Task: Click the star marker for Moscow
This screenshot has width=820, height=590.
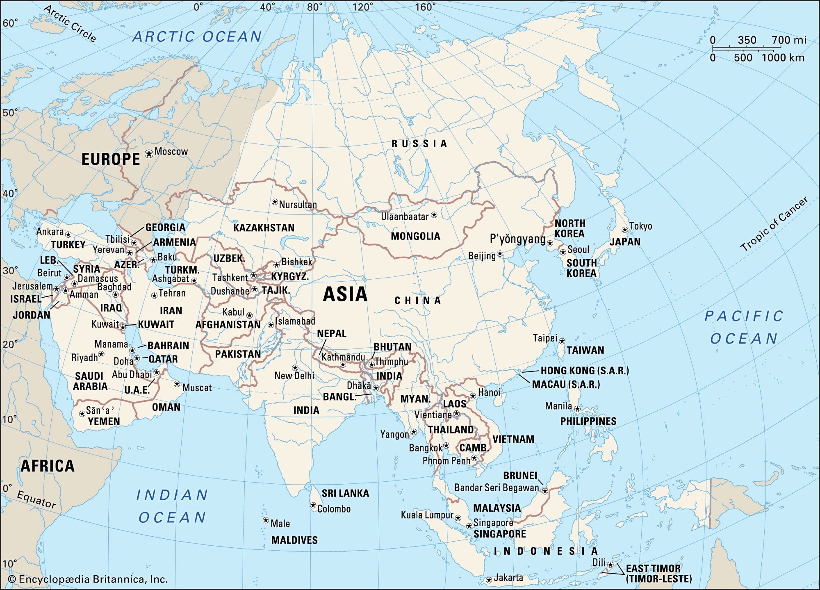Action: point(149,154)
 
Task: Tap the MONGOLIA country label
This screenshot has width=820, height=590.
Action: point(415,236)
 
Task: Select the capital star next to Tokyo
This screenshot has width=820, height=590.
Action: point(625,230)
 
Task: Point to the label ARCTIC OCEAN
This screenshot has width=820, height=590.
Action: point(197,37)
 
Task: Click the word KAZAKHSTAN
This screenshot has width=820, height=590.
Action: point(264,228)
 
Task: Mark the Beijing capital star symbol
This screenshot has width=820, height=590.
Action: point(500,254)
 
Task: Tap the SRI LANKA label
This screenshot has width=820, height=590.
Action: point(345,493)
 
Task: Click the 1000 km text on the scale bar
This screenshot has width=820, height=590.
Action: point(783,58)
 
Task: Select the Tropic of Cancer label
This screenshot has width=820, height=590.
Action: point(774,224)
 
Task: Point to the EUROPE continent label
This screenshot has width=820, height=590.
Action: point(111,159)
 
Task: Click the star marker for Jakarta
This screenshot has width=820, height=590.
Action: point(489,580)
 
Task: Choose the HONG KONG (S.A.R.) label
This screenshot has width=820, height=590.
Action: point(584,371)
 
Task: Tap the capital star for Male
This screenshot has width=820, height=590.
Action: point(266,520)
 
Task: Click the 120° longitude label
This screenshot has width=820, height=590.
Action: point(363,7)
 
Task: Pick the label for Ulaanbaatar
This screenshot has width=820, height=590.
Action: point(404,216)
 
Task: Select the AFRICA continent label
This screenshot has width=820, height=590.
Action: point(48,466)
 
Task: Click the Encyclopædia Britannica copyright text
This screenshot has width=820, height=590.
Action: point(88,579)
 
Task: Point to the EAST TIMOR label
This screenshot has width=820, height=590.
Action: point(653,568)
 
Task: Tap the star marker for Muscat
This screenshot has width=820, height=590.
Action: point(177,384)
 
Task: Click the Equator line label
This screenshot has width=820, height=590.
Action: point(36,499)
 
